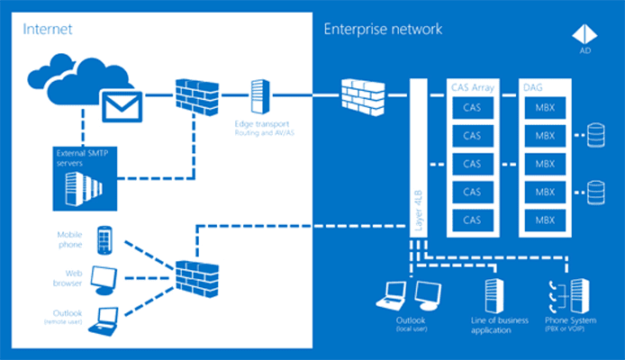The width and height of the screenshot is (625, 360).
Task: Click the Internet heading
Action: click(x=47, y=29)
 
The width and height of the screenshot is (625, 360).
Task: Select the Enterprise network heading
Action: click(x=383, y=29)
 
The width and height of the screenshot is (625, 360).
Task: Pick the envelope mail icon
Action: click(x=120, y=105)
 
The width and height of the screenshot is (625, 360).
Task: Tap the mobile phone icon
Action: click(x=104, y=238)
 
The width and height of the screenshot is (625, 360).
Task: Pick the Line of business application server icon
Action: click(x=492, y=293)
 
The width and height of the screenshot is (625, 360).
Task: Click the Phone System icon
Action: click(x=565, y=293)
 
